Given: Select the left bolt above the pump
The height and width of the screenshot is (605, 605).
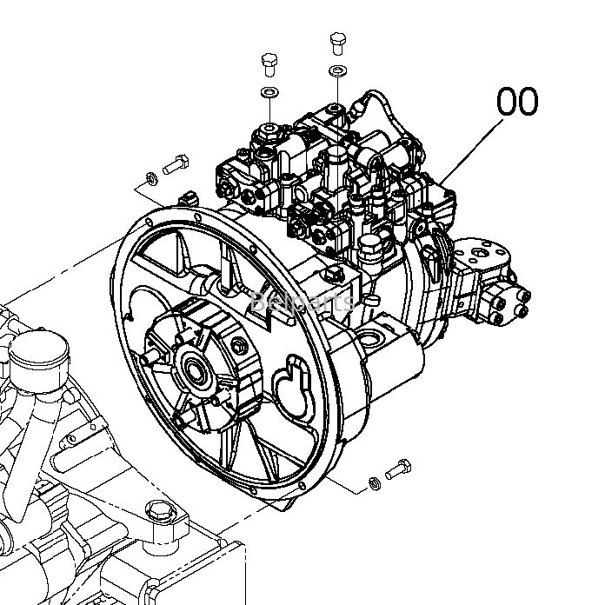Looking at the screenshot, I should (x=269, y=64).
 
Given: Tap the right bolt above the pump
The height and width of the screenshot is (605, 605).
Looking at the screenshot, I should (x=336, y=43).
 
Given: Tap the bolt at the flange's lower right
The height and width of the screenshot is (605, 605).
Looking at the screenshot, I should (x=397, y=467).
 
